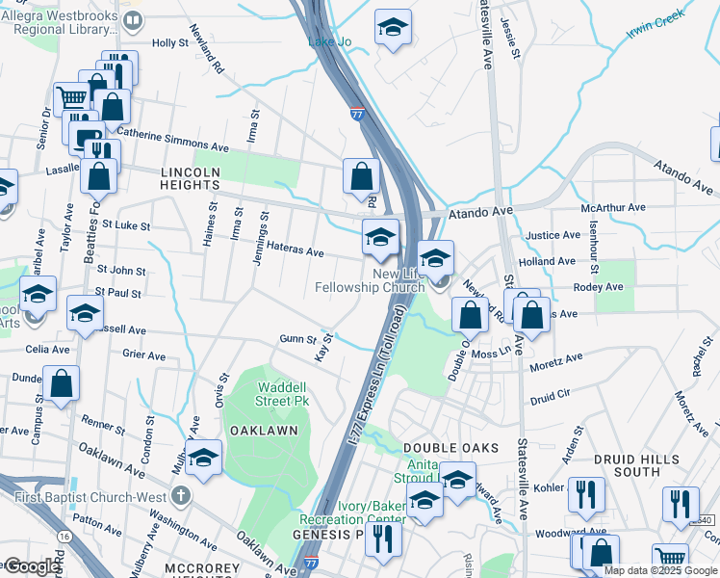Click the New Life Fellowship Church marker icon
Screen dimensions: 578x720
[440, 281]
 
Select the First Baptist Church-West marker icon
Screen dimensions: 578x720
[181, 496]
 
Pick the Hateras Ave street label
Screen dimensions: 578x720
[296, 251]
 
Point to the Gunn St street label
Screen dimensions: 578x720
[297, 339]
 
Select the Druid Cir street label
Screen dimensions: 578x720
[551, 394]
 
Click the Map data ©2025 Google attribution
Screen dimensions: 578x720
[659, 570]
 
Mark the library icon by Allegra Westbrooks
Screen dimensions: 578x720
[134, 19]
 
